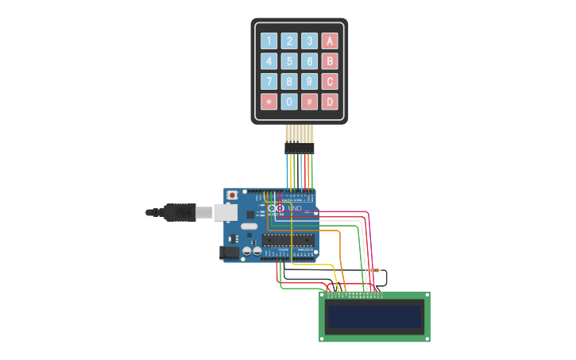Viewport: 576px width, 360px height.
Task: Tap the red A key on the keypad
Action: (329, 41)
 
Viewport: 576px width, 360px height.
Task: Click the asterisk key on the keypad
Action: (269, 102)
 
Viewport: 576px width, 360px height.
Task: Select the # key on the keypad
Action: (309, 102)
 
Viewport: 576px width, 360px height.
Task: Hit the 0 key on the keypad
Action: (289, 102)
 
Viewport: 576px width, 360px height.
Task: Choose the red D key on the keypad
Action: (329, 102)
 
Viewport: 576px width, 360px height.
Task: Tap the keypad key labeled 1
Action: (269, 41)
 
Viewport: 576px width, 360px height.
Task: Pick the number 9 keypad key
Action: (309, 82)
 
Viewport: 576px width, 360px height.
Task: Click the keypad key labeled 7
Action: (269, 82)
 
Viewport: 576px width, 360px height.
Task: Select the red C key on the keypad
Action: (329, 82)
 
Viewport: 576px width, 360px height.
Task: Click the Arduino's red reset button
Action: (232, 195)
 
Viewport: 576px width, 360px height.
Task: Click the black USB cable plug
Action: (179, 212)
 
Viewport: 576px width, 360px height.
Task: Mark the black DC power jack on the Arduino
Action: (229, 252)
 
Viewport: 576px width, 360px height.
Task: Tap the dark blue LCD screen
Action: (374, 316)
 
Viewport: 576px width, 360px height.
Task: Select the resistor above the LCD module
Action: (374, 270)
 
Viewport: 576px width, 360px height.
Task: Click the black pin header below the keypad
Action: (300, 148)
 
